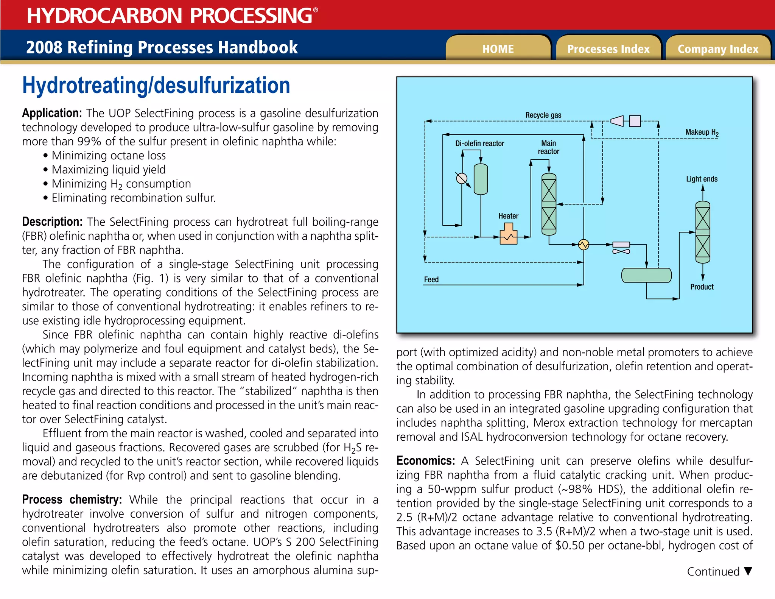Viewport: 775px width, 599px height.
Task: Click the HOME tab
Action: (x=498, y=49)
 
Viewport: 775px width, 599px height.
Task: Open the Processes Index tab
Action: (x=608, y=49)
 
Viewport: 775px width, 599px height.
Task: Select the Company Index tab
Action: (x=718, y=49)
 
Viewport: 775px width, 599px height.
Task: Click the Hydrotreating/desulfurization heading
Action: (x=156, y=86)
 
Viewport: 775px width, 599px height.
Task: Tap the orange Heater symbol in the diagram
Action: (x=508, y=234)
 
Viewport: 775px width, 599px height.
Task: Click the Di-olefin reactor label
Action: (x=479, y=144)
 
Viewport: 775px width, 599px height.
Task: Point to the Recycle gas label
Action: (x=543, y=115)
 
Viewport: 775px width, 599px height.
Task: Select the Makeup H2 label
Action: (x=702, y=133)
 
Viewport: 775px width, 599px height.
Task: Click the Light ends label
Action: (x=702, y=179)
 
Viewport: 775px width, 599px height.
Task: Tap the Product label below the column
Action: (x=702, y=287)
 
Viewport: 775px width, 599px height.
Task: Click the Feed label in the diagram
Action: (x=431, y=279)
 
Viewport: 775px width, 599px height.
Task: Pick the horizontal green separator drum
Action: (x=646, y=275)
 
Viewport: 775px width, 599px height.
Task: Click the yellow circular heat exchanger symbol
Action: (x=584, y=245)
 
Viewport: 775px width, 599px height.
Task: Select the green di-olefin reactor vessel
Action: (x=481, y=179)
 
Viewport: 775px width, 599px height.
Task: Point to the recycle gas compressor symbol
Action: (x=618, y=121)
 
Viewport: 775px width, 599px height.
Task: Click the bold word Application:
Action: (x=52, y=113)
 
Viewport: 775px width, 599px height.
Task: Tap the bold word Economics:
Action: (x=425, y=461)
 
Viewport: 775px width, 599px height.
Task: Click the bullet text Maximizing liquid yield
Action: (x=109, y=170)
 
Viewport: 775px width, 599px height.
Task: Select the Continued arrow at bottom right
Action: (x=748, y=571)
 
